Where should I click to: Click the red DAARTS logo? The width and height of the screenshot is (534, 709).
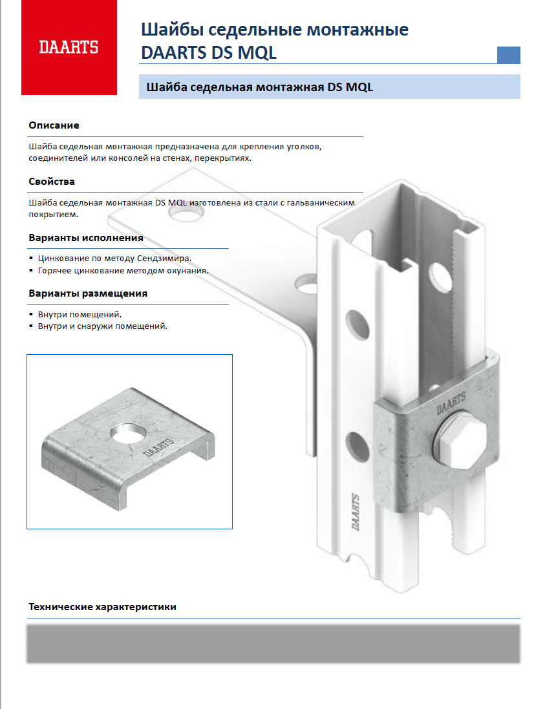tap(69, 47)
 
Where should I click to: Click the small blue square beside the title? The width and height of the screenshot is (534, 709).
tap(509, 55)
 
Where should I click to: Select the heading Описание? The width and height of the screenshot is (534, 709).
tap(54, 125)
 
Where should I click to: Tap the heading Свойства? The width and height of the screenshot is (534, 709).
tap(52, 182)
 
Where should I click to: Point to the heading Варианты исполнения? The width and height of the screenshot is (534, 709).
tap(86, 238)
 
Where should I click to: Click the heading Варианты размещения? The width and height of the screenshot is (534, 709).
tap(88, 293)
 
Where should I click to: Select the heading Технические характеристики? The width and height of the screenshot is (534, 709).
tap(102, 608)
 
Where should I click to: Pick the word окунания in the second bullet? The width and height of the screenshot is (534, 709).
tap(188, 270)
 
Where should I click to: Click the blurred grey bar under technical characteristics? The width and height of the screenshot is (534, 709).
tap(273, 643)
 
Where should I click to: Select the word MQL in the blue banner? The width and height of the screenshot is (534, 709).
tap(359, 87)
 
